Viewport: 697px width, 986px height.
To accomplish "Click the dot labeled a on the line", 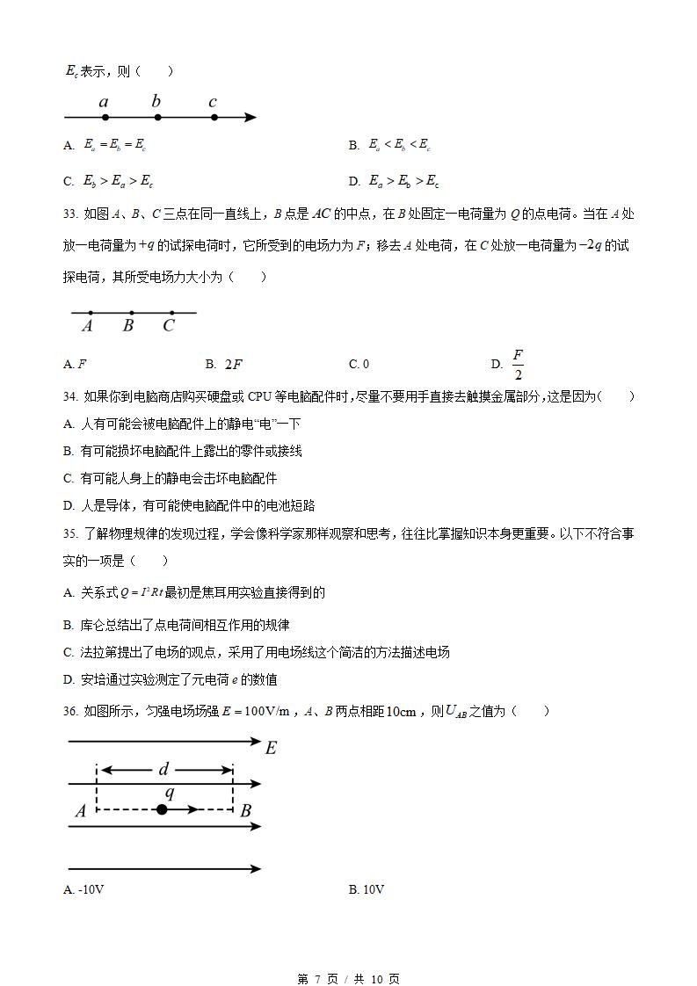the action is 105,117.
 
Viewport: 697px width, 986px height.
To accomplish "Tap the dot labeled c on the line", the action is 214,117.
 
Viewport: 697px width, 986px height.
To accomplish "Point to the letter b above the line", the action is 156,101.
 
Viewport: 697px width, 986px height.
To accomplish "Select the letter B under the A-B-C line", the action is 128,326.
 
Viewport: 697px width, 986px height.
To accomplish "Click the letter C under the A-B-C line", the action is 169,326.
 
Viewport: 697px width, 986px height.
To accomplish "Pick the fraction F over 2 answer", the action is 518,364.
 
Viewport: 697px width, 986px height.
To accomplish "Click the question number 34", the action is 70,396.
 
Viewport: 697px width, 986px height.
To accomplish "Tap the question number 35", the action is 70,533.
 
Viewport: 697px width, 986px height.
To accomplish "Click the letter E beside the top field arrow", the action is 271,748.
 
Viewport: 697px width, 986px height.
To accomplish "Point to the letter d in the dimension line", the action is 163,770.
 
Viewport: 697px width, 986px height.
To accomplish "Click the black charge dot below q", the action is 162,809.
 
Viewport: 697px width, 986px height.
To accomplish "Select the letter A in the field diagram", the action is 81,811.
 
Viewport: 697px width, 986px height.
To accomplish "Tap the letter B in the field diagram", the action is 246,810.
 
